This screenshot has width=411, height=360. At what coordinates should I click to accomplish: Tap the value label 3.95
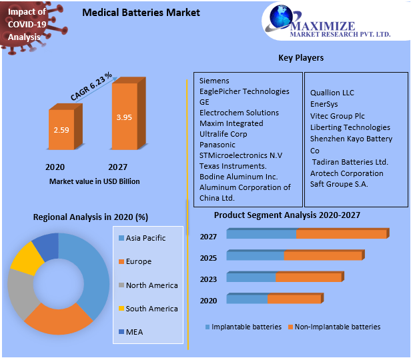pyautogui.click(x=124, y=117)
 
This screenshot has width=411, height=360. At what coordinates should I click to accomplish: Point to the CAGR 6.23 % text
pyautogui.click(x=91, y=87)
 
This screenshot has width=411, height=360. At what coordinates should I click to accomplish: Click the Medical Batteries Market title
pyautogui.click(x=141, y=13)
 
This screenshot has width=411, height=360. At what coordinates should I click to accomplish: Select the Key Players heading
pyautogui.click(x=301, y=58)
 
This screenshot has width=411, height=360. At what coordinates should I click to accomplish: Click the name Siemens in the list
pyautogui.click(x=214, y=81)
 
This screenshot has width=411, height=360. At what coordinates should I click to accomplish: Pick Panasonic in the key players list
pyautogui.click(x=218, y=145)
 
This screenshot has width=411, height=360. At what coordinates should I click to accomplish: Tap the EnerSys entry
pyautogui.click(x=324, y=103)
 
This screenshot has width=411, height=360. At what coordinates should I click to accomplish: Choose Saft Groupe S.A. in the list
pyautogui.click(x=339, y=184)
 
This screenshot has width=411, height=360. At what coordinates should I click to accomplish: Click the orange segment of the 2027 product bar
pyautogui.click(x=340, y=234)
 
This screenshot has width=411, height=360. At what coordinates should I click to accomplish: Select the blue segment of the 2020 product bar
pyautogui.click(x=247, y=299)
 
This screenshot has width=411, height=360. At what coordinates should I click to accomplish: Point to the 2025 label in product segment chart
pyautogui.click(x=208, y=257)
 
